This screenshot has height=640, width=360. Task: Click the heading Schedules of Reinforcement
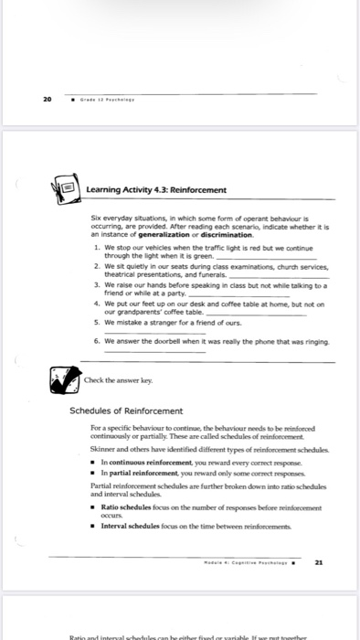pyautogui.click(x=127, y=411)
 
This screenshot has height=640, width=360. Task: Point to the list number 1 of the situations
pyautogui.click(x=96, y=247)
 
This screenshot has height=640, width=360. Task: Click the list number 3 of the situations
pyautogui.click(x=96, y=284)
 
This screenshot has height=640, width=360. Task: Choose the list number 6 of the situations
pyautogui.click(x=96, y=339)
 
